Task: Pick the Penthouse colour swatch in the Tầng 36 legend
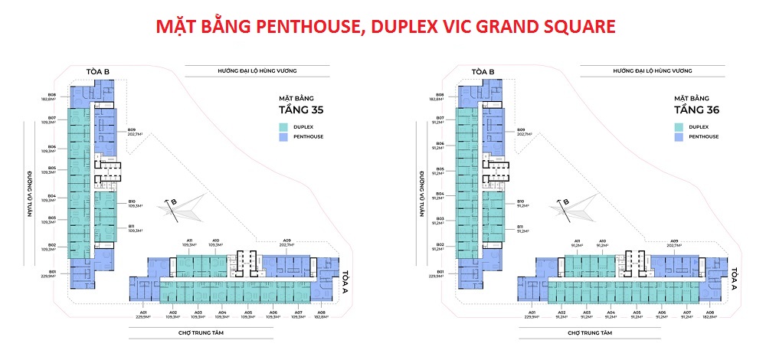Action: point(679,136)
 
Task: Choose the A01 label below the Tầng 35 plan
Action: point(143,314)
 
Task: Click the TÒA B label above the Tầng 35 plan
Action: point(97,72)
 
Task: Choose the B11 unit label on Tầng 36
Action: point(521,228)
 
